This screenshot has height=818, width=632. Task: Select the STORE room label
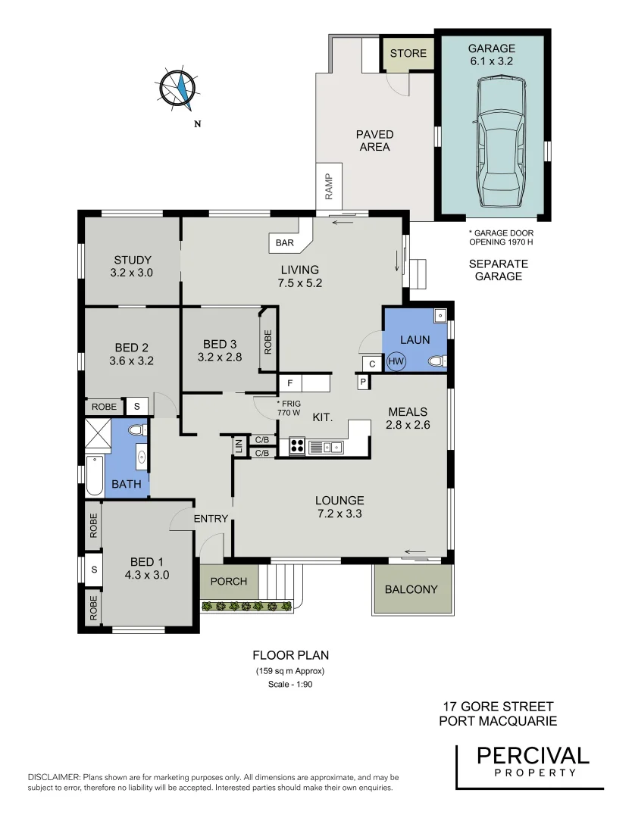point(408,54)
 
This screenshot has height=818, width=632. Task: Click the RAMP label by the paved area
point(329,186)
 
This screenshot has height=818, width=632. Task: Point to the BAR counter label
point(284,243)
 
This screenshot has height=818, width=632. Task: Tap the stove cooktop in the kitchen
point(295,446)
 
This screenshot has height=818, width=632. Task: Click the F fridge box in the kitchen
point(289,383)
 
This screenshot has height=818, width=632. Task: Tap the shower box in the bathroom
point(98,434)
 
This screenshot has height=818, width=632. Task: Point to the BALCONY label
point(411,589)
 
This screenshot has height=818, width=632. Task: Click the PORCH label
point(228,581)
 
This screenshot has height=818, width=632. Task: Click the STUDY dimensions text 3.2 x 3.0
point(132,273)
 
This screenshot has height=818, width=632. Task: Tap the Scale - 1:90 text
point(290,685)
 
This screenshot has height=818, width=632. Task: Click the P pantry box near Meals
point(363,382)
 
